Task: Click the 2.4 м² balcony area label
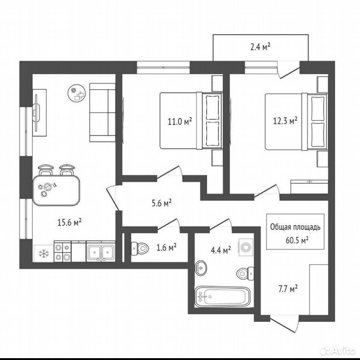click(x=260, y=48)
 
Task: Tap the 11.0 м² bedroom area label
click(x=180, y=121)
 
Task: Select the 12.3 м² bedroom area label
click(x=285, y=121)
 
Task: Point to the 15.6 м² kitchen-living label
click(x=70, y=222)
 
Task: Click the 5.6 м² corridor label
click(x=162, y=203)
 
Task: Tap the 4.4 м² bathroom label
click(x=221, y=250)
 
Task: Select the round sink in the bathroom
click(x=201, y=267)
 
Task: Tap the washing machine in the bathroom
click(x=246, y=247)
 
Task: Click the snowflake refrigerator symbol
click(x=43, y=253)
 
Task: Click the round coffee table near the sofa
click(x=76, y=93)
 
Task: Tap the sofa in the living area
click(x=102, y=112)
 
